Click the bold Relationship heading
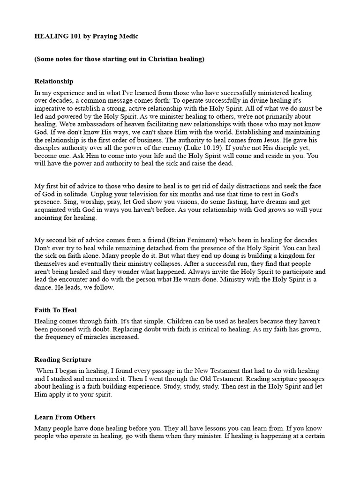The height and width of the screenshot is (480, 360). [54, 81]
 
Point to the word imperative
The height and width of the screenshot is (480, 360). [49, 109]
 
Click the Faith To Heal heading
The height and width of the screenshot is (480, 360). [55, 310]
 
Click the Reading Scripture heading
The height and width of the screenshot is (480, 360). [63, 360]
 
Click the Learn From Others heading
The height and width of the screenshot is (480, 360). [65, 417]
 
